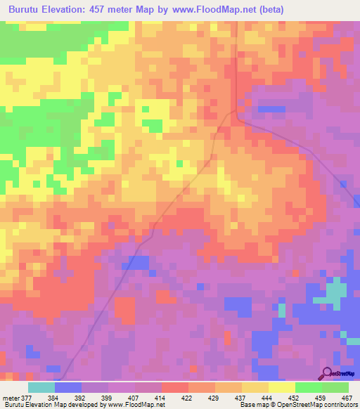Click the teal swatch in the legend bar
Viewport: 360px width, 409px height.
pyautogui.click(x=41, y=387)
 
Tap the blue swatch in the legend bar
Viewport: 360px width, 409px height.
pyautogui.click(x=68, y=387)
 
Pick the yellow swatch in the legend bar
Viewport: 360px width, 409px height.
pyautogui.click(x=282, y=387)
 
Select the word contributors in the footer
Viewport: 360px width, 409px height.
pyautogui.click(x=340, y=405)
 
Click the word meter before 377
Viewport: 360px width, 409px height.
pyautogui.click(x=11, y=397)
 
